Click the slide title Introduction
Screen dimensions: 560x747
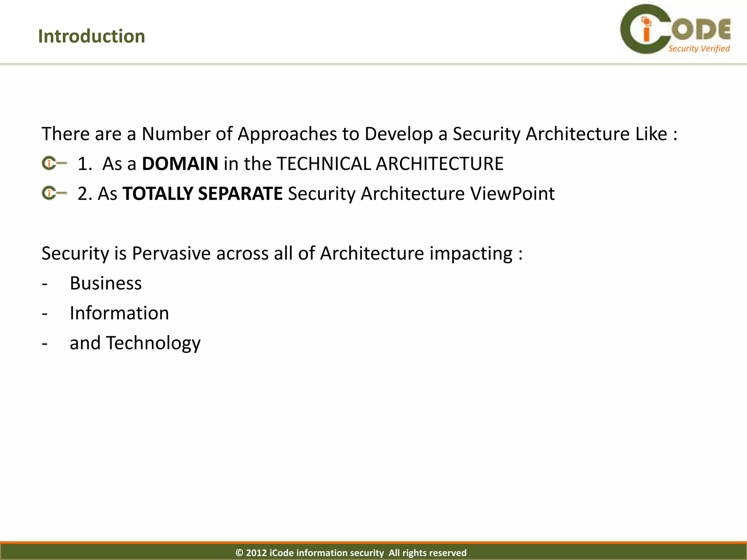(91, 36)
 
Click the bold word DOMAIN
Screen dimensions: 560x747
(180, 164)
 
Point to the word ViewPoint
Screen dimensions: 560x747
(512, 194)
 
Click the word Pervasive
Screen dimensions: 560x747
(171, 253)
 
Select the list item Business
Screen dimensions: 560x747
(105, 283)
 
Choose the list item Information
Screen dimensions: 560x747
(119, 313)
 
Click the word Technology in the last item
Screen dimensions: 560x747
(153, 343)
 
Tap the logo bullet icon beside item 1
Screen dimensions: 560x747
(54, 163)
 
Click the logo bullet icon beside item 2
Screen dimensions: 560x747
(54, 193)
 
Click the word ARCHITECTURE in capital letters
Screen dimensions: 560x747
(440, 164)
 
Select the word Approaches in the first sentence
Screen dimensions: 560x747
(287, 134)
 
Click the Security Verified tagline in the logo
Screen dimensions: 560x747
(698, 48)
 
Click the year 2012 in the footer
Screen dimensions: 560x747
(256, 553)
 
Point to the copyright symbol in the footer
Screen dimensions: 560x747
(239, 553)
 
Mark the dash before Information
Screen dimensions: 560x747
(44, 313)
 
